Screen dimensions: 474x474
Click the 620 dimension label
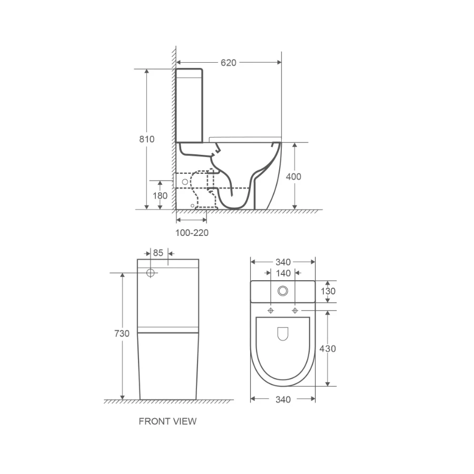point(228,63)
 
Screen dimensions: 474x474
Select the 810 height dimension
point(146,139)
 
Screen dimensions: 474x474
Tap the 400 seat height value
point(293,176)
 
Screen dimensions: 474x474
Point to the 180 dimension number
point(160,196)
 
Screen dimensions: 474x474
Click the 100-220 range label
point(192,233)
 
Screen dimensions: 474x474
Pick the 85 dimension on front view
point(158,253)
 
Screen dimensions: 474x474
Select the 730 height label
point(122,333)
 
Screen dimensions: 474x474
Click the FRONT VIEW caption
point(167,421)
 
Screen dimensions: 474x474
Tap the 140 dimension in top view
point(283,273)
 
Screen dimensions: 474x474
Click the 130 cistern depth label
point(328,291)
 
